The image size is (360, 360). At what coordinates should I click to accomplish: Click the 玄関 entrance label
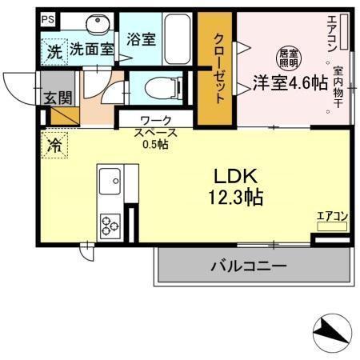point(58,98)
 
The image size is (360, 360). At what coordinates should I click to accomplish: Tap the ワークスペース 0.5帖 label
point(155,133)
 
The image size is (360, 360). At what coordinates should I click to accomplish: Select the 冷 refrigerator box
point(55,146)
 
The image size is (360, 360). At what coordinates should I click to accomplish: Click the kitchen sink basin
point(108,184)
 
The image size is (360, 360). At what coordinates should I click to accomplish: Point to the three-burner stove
point(109,225)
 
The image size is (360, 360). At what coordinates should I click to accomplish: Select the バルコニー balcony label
point(248,266)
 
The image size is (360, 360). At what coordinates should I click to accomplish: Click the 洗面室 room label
point(91,50)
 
